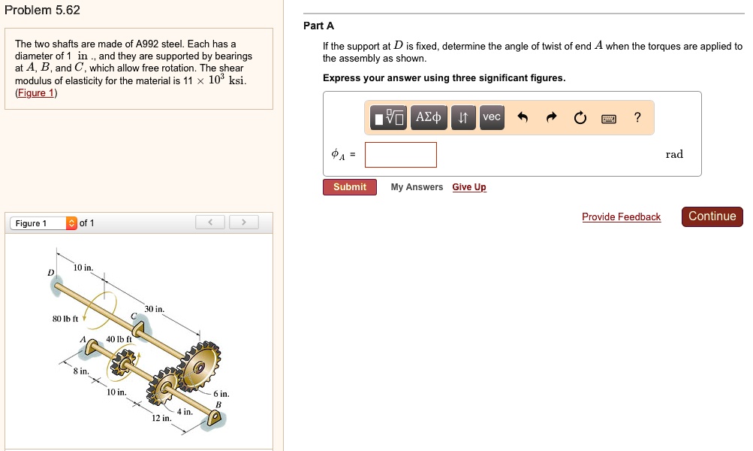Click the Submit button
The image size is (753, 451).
pyautogui.click(x=349, y=187)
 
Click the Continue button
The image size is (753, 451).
pyautogui.click(x=712, y=216)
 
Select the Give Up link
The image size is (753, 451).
pyautogui.click(x=469, y=187)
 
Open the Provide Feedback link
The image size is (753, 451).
pyautogui.click(x=621, y=217)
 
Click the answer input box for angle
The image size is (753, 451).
pyautogui.click(x=401, y=155)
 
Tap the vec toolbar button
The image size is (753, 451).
pyautogui.click(x=491, y=117)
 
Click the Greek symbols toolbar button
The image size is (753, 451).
pyautogui.click(x=429, y=117)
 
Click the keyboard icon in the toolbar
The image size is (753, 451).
pyautogui.click(x=608, y=118)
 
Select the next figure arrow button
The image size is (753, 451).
pyautogui.click(x=244, y=222)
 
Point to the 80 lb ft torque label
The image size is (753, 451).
pyautogui.click(x=66, y=319)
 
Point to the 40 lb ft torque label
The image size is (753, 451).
pyautogui.click(x=119, y=339)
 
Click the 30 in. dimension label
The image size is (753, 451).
pyautogui.click(x=154, y=309)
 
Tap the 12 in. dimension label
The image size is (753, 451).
pyautogui.click(x=161, y=418)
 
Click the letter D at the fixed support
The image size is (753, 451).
pyautogui.click(x=51, y=272)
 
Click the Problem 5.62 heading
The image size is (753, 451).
pyautogui.click(x=42, y=11)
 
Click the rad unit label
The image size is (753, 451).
pyautogui.click(x=674, y=155)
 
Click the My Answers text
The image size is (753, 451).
pyautogui.click(x=417, y=187)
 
